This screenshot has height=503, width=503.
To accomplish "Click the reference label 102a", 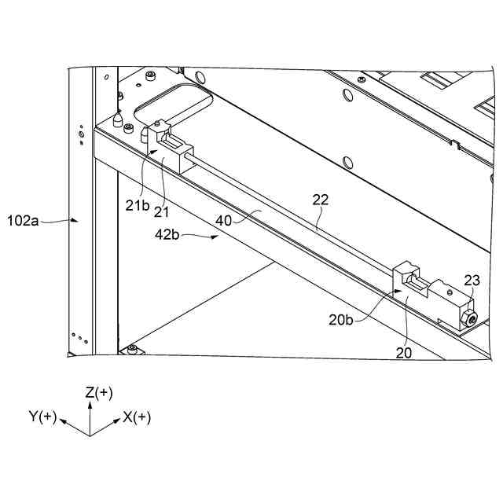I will pyautogui.click(x=23, y=219).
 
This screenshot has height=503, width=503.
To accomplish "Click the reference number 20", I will pyautogui.click(x=403, y=354).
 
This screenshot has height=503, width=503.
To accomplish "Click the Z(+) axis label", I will pyautogui.click(x=99, y=392).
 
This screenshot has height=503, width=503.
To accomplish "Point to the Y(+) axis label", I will pyautogui.click(x=44, y=417).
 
